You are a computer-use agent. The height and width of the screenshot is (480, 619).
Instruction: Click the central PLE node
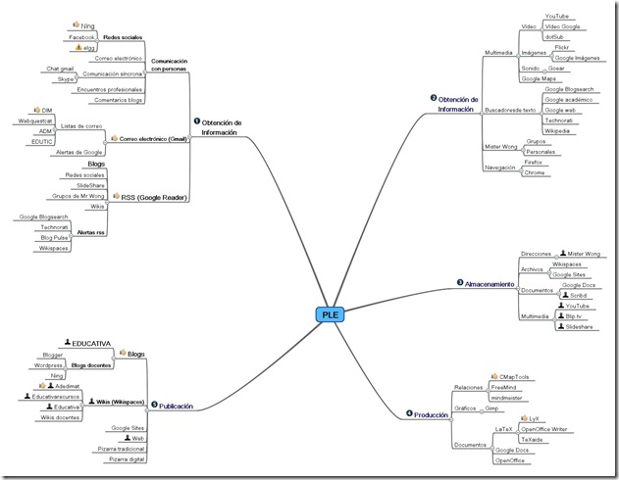[331, 314]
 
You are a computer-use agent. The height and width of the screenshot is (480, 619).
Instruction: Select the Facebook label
[80, 36]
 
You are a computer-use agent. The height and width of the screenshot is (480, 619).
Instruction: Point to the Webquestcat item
[34, 120]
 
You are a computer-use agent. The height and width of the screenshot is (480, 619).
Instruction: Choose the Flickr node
[562, 47]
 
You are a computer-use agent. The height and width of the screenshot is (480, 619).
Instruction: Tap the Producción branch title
[431, 414]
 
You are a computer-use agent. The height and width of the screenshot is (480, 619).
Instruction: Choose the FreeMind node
[505, 387]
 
